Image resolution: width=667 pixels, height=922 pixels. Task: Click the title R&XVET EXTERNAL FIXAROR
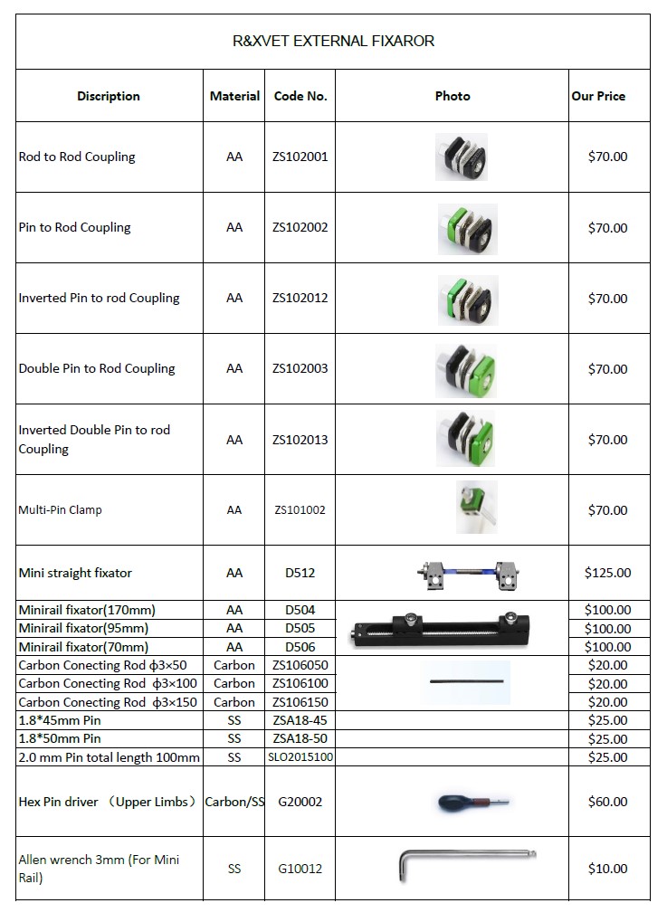(333, 41)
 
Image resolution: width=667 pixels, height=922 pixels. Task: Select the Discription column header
(109, 96)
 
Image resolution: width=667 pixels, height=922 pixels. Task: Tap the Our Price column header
(598, 96)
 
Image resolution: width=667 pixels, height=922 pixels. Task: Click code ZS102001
(300, 157)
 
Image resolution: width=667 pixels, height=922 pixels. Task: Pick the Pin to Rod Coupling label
(75, 227)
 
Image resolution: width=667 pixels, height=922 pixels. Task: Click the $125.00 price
(608, 573)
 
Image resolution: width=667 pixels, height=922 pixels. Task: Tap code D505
(300, 628)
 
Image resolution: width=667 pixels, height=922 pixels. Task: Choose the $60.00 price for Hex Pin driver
(608, 802)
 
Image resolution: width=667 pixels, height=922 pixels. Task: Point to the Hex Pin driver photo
(472, 802)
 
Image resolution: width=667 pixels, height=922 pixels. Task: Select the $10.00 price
(608, 869)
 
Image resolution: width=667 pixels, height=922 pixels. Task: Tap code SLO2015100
(300, 757)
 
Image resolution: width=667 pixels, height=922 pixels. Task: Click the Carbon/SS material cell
(234, 802)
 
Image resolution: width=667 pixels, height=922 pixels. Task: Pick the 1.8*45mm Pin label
(60, 720)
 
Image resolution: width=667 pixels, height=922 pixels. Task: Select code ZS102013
(300, 440)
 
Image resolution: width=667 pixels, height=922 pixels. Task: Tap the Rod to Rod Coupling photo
(461, 157)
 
